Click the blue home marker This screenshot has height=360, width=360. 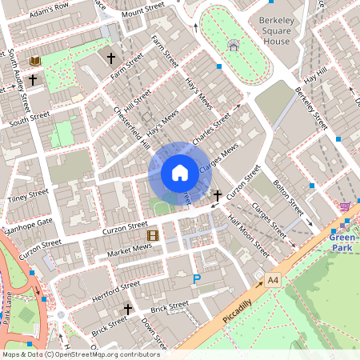pyautogui.click(x=180, y=172)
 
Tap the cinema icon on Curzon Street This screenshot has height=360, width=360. pyautogui.click(x=152, y=235)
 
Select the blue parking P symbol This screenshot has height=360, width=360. pyautogui.click(x=197, y=279)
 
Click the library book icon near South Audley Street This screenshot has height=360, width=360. pyautogui.click(x=35, y=61)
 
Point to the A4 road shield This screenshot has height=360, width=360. pyautogui.click(x=274, y=280)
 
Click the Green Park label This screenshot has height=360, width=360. pyautogui.click(x=344, y=242)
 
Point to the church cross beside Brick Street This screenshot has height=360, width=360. pyautogui.click(x=127, y=308)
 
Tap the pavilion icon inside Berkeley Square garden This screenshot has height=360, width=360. pyautogui.click(x=233, y=46)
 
